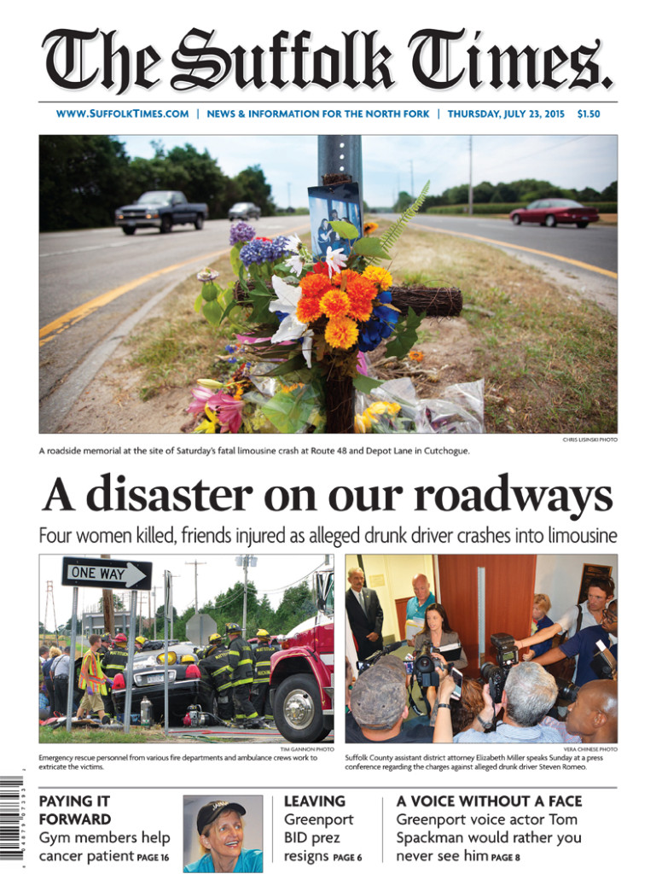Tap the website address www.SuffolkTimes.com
coord(122,114)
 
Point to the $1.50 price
coord(588,114)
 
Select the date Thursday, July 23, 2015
coord(505,114)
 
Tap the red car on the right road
coord(554,213)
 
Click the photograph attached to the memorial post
coord(334,218)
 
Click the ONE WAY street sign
coord(106,573)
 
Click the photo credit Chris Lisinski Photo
coord(589,440)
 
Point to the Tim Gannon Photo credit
coord(307,749)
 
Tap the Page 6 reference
coord(347,857)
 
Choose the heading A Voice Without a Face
coord(489,801)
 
